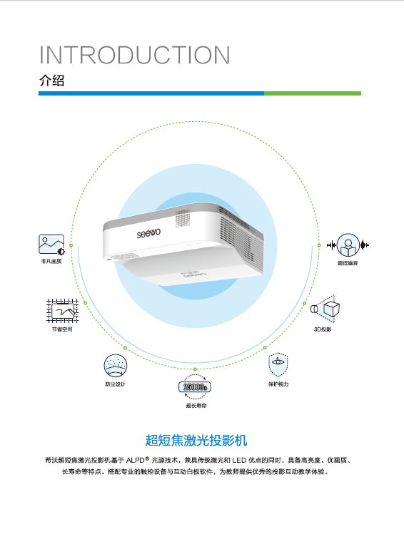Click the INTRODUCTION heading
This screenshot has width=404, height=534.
pos(135,55)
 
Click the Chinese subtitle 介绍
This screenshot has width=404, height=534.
pos(52,81)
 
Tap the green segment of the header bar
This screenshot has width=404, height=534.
pos(313,93)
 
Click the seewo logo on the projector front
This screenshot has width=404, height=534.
pos(148,233)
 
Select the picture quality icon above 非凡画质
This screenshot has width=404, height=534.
pos(51,245)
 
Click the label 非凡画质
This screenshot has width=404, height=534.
pos(51,261)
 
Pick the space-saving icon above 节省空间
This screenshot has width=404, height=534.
pos(62,311)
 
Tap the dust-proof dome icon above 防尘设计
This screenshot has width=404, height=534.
pos(115,366)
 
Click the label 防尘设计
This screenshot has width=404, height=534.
pos(115,384)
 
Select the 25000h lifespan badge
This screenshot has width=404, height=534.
pos(195,387)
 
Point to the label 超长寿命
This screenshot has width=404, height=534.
pos(196,405)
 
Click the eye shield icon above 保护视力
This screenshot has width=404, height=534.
pos(278,365)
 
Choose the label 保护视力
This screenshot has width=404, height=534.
pos(278,384)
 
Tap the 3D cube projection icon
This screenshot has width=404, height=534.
pos(325,309)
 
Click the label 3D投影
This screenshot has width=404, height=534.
pos(323,329)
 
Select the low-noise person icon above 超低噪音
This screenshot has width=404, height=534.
pos(348,245)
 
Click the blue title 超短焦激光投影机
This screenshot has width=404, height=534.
pos(196,440)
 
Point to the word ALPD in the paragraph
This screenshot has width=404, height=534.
pos(136,460)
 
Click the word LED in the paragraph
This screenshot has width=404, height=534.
pos(239,460)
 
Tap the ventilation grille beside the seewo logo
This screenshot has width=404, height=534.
pos(183,218)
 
